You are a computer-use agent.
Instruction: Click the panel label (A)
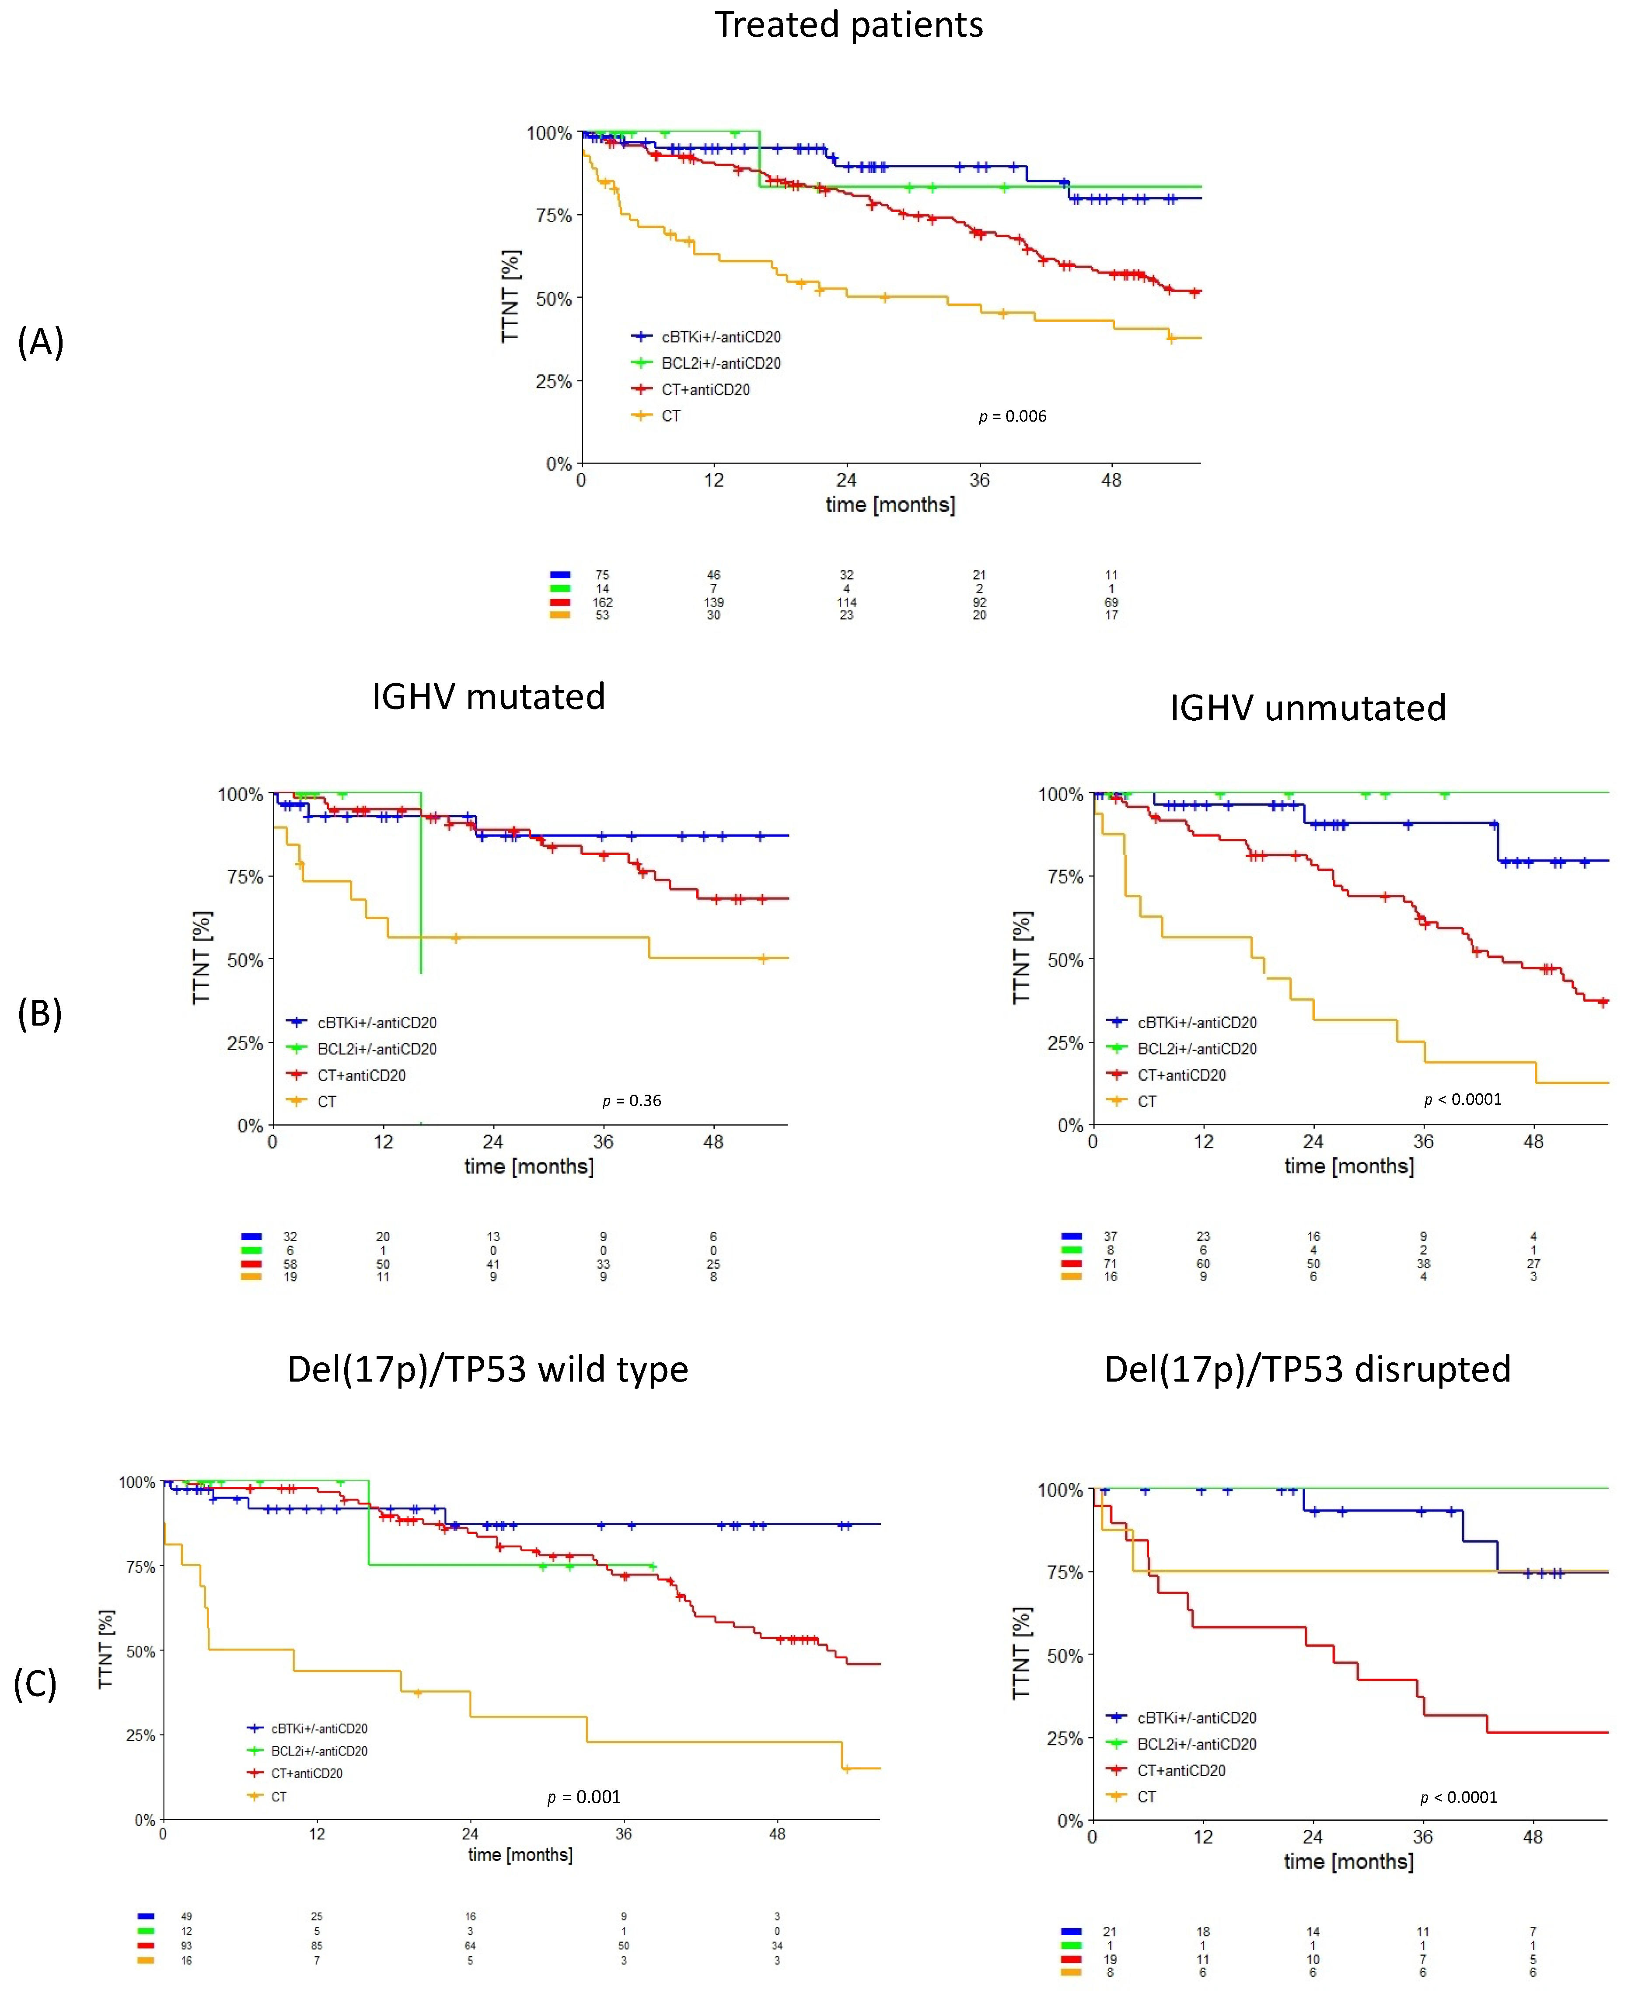pyautogui.click(x=41, y=342)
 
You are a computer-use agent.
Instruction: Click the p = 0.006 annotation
pyautogui.click(x=1013, y=416)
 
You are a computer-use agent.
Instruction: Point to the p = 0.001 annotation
pyautogui.click(x=584, y=1797)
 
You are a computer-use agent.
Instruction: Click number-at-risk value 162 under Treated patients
pyautogui.click(x=602, y=602)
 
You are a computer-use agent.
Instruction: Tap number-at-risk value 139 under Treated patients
pyautogui.click(x=713, y=602)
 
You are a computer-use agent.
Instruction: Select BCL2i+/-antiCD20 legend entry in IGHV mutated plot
pyautogui.click(x=377, y=1049)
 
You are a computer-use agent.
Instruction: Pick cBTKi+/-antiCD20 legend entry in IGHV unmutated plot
pyautogui.click(x=1196, y=1023)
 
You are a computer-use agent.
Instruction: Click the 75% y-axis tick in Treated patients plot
pyautogui.click(x=554, y=216)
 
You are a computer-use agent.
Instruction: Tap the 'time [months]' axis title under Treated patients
pyautogui.click(x=890, y=505)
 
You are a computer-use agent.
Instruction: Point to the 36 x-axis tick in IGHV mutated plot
pyautogui.click(x=603, y=1141)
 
